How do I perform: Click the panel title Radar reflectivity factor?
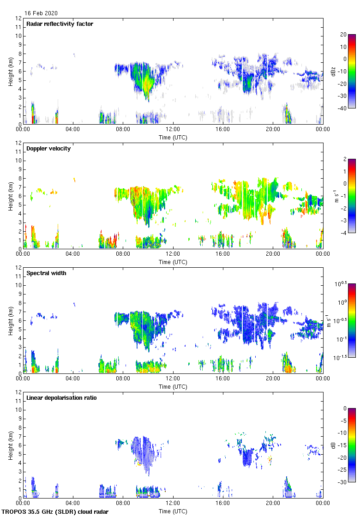tap(60, 24)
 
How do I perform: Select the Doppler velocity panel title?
tap(48, 149)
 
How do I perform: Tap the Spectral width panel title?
tap(46, 273)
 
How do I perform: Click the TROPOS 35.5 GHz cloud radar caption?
tap(55, 512)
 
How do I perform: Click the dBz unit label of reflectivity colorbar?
tap(333, 71)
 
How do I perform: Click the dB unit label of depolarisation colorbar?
tap(333, 445)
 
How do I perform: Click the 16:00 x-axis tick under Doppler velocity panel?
tap(223, 254)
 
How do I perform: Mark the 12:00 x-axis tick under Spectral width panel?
tap(173, 379)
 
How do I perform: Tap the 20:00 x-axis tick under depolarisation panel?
tap(273, 503)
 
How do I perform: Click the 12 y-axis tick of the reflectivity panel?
tap(18, 18)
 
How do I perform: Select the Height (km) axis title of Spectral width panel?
tap(10, 320)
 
